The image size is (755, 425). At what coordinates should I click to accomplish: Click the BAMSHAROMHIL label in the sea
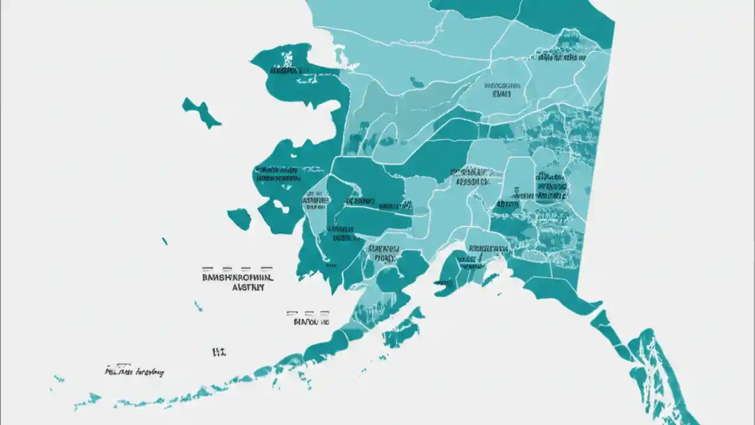pyautogui.click(x=237, y=276)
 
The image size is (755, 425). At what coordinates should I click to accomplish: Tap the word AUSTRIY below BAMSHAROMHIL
pyautogui.click(x=248, y=287)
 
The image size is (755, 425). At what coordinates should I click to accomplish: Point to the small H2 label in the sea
pyautogui.click(x=219, y=352)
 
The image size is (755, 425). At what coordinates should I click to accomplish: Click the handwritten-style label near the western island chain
pyautogui.click(x=134, y=372)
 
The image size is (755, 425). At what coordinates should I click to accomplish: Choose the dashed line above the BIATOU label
pyautogui.click(x=307, y=313)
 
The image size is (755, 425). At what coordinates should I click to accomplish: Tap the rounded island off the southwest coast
pyautogui.click(x=239, y=218)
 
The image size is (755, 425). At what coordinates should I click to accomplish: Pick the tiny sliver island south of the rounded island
pyautogui.click(x=165, y=241)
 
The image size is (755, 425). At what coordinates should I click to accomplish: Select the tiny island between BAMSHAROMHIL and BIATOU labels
pyautogui.click(x=198, y=306)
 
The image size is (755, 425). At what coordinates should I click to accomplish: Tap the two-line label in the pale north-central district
pyautogui.click(x=502, y=89)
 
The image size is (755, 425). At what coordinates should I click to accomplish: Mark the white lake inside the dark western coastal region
pyautogui.click(x=279, y=207)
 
